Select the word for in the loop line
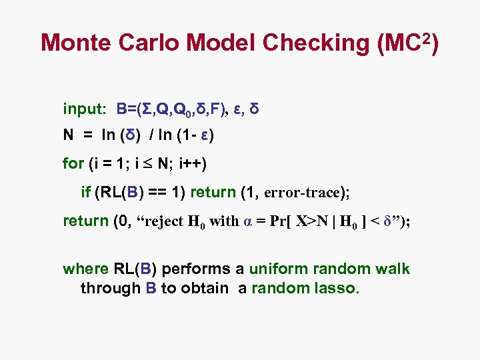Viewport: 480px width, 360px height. point(73,163)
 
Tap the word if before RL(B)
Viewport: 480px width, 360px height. point(85,193)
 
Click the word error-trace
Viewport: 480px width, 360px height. point(302,193)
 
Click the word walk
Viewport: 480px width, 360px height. point(393,269)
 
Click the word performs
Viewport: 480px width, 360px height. point(197,269)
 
